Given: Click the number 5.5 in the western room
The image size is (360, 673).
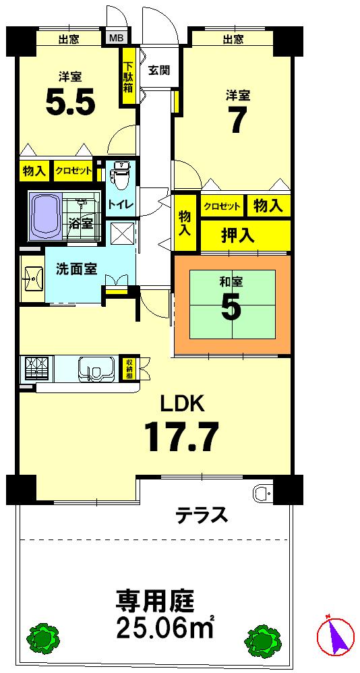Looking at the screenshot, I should (70, 102).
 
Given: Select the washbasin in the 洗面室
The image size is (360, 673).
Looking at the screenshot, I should (31, 276).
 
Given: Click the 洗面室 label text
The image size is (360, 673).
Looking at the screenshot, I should (76, 268).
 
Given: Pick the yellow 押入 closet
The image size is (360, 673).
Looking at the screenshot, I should (237, 235).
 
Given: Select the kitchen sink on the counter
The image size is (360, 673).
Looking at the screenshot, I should (94, 368).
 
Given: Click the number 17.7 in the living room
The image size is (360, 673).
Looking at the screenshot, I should (181, 437).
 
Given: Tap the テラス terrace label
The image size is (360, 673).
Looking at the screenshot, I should (202, 517).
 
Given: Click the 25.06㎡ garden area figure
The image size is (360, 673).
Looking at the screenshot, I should (165, 626).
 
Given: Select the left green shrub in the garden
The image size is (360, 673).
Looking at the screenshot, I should (44, 637).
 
